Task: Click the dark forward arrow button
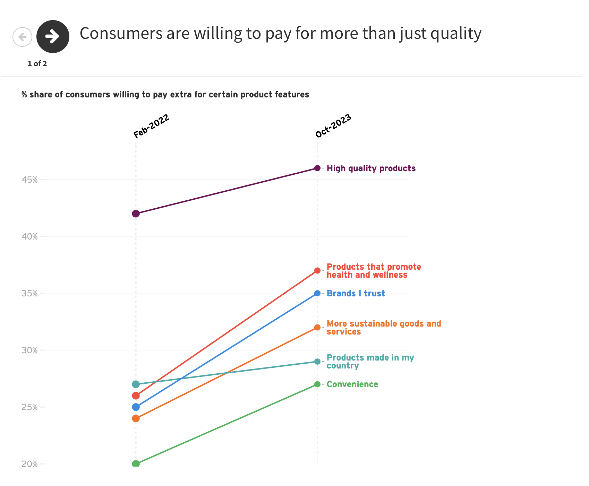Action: (x=53, y=36)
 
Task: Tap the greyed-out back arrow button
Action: (x=22, y=37)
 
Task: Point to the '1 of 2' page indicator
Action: (x=37, y=64)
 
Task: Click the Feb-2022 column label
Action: (x=151, y=126)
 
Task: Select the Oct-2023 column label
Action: (x=333, y=126)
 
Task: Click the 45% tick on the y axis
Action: (x=29, y=180)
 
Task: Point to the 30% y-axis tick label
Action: (x=29, y=350)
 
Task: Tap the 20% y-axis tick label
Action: (x=29, y=464)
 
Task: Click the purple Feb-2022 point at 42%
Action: (x=136, y=214)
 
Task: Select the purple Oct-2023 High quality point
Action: (x=317, y=168)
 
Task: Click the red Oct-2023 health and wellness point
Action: (x=317, y=270)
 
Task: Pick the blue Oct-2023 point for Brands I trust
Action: (x=317, y=293)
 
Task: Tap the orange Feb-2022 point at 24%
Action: (x=136, y=418)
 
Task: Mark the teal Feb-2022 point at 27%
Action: (x=136, y=384)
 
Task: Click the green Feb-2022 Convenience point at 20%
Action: (x=136, y=464)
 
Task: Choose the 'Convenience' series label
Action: (x=352, y=384)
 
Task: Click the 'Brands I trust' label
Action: (x=356, y=294)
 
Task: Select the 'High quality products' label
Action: (x=371, y=168)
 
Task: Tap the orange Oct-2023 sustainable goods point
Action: (x=317, y=327)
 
